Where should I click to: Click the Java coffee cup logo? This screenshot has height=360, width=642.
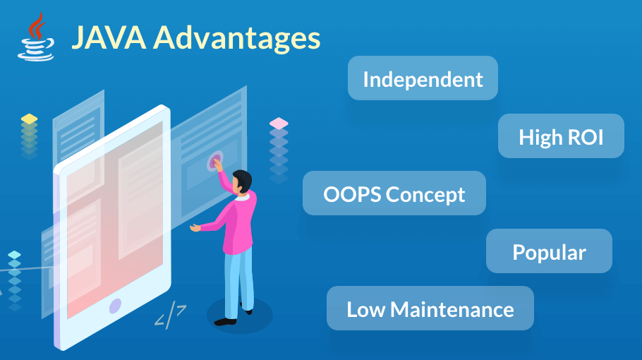36,37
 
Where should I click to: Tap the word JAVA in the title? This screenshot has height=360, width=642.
109,37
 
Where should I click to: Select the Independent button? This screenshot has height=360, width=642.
423,78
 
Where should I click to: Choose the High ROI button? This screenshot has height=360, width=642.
561,136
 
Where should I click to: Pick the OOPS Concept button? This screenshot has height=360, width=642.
394,193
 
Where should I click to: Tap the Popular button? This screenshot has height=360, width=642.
549,251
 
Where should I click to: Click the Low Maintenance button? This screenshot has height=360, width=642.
430,308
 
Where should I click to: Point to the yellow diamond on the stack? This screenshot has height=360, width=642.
29,119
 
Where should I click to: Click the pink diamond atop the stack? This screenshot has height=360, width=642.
279,123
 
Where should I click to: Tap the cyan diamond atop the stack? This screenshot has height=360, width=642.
14,255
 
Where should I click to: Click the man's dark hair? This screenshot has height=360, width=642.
243,179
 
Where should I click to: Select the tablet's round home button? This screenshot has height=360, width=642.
116,306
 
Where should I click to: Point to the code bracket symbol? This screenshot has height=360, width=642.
170,315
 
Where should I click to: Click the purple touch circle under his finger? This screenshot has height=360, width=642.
215,161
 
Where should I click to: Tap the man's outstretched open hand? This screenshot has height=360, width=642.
195,227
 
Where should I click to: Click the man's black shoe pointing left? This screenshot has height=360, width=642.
225,321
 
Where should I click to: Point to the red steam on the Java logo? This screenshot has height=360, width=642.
37,27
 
